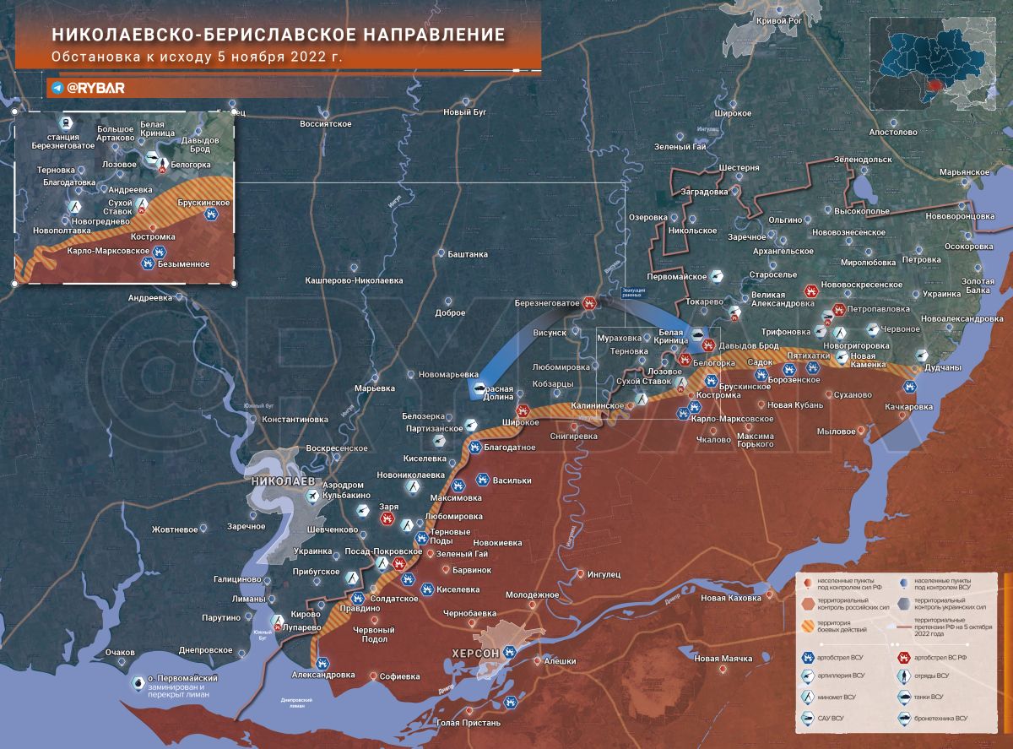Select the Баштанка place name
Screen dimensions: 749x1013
pos(468,254)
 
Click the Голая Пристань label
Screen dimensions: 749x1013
pos(469,722)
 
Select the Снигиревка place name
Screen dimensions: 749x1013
pos(573,437)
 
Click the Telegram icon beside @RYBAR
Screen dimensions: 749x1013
pos(57,87)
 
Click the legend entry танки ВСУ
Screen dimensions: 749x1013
pos(936,697)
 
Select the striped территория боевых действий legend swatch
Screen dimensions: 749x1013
pos(810,626)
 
